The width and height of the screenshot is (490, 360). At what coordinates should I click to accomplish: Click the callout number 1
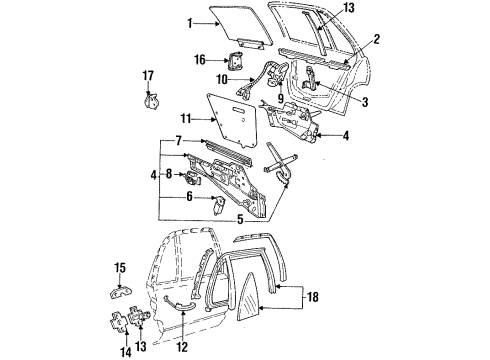point(190,22)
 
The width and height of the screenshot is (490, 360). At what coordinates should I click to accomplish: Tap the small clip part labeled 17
point(152,98)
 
